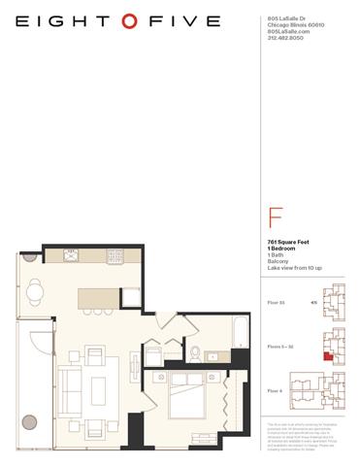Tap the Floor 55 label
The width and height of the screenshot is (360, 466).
point(277,302)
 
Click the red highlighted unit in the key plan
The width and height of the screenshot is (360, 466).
point(328,356)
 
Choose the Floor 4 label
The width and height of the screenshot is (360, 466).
point(276,389)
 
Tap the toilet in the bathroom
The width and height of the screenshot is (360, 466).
point(194,351)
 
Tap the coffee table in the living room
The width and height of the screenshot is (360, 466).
point(98,389)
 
